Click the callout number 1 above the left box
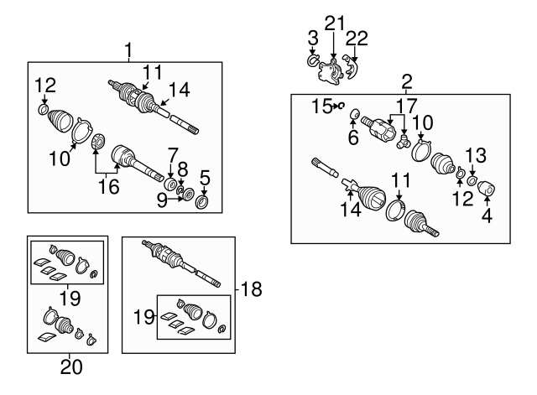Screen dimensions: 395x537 [x=128, y=51]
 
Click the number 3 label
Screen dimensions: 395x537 [x=312, y=39]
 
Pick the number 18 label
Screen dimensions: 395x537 [x=250, y=290]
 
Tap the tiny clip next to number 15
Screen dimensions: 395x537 [x=342, y=107]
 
